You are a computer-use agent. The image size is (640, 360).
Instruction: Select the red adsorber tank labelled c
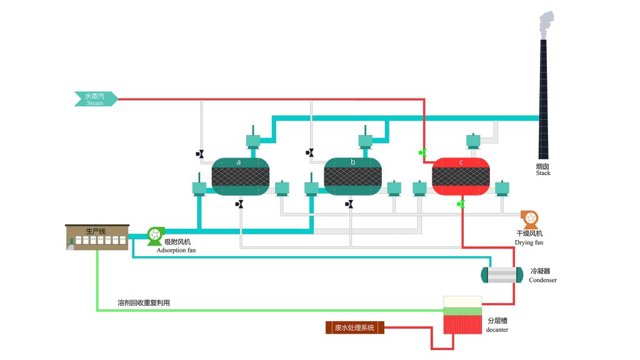[461, 176]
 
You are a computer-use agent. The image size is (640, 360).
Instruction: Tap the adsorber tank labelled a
[241, 176]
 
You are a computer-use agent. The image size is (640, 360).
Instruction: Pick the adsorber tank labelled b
[352, 176]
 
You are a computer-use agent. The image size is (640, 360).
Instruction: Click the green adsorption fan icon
[154, 234]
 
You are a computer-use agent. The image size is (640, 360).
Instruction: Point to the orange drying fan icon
[529, 218]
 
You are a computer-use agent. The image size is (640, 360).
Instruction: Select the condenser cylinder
[501, 275]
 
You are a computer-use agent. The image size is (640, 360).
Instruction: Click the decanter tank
[462, 315]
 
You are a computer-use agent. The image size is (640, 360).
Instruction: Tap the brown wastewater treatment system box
[354, 327]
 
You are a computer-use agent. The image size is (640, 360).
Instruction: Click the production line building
[97, 238]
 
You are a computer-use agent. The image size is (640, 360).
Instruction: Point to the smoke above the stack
[546, 23]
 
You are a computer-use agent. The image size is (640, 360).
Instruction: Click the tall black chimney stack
[543, 100]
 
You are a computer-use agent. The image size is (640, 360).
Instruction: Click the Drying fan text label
[529, 242]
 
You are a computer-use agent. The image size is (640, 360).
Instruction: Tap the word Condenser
[542, 280]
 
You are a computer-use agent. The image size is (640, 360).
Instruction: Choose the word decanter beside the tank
[497, 329]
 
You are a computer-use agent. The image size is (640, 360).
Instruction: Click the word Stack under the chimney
[543, 173]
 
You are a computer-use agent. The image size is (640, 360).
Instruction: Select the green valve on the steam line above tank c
[423, 152]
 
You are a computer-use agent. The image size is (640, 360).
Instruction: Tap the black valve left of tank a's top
[200, 154]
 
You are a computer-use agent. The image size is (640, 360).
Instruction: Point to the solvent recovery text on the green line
[144, 302]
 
